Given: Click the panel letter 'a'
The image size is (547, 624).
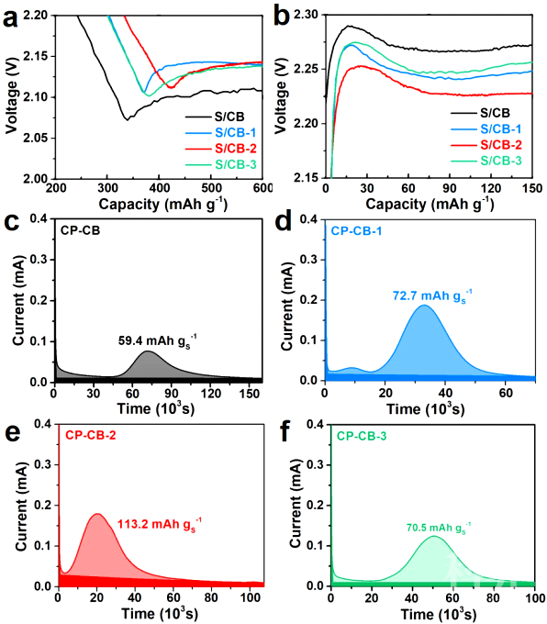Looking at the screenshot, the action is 11,18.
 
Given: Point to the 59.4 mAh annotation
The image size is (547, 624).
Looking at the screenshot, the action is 157,341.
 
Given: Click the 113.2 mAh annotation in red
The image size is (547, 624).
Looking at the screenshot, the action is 160,525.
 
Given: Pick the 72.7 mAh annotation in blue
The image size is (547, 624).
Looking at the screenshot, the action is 432,296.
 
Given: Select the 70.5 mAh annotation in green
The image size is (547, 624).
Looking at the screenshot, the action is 439,528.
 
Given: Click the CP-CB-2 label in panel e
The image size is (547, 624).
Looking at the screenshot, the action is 91,435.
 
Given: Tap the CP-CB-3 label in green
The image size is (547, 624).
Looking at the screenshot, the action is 362,436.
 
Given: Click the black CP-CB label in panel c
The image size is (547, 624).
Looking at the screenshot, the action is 80,230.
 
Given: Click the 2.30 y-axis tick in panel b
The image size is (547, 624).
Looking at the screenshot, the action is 307,15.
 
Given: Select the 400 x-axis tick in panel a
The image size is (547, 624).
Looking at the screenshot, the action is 159,187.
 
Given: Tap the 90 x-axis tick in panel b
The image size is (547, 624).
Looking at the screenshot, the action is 449,188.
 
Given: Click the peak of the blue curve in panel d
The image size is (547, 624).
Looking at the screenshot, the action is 424,306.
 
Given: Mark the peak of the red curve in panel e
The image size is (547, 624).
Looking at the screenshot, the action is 96,514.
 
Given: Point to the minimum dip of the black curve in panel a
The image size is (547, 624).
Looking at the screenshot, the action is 128,119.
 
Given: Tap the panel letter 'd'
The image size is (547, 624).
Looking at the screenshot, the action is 284,223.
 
